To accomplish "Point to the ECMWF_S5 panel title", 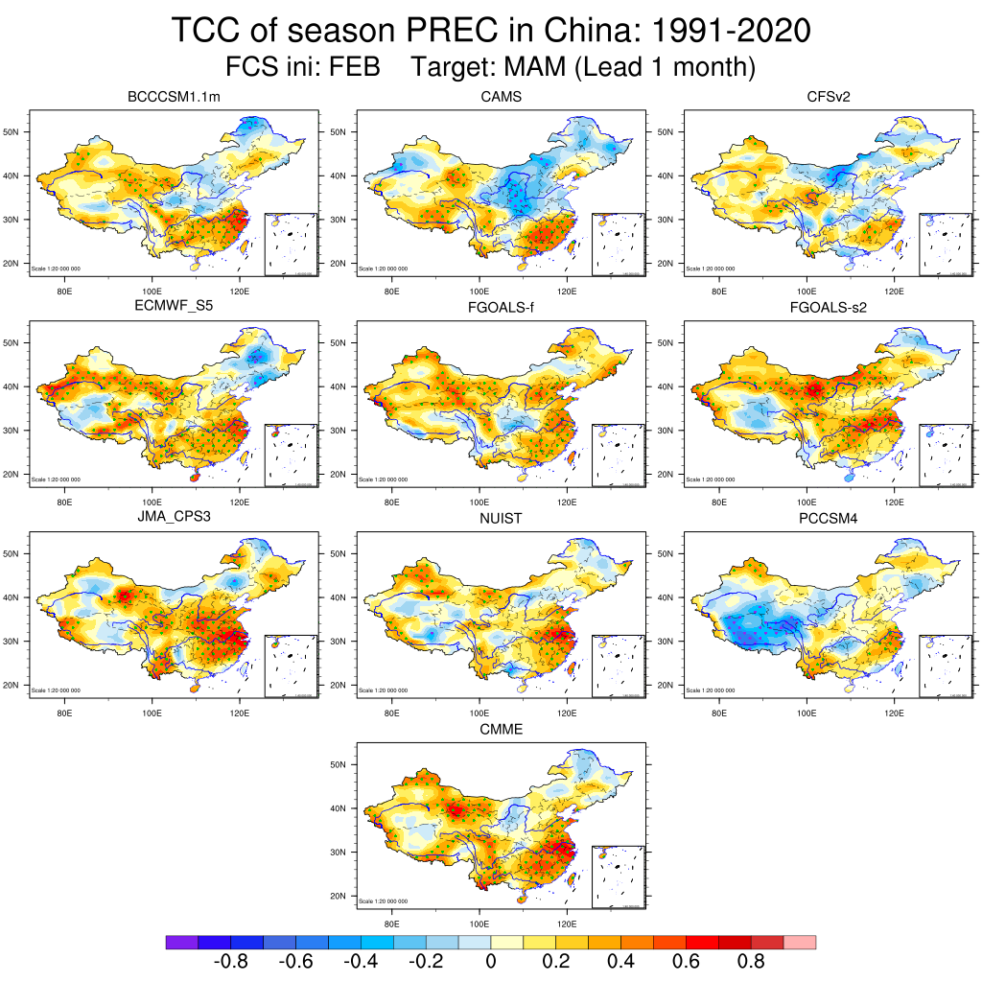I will tap(175, 308).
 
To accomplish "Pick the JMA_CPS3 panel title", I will tap(175, 519).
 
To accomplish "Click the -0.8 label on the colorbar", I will tap(230, 961).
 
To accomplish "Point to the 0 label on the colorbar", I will tap(491, 961).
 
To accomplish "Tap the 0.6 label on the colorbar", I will tap(687, 961).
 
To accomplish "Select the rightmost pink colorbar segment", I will tap(800, 943).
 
